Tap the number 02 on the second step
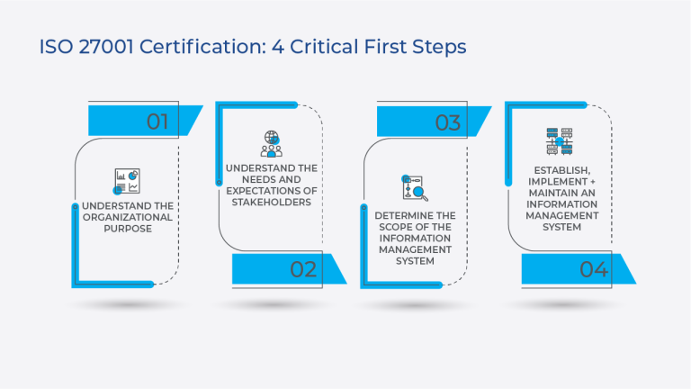tap(303, 268)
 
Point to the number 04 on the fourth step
tap(593, 268)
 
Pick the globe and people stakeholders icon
tap(271, 144)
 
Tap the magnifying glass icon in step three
tap(416, 187)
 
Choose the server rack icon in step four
tap(559, 141)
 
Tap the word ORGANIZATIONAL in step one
tap(127, 217)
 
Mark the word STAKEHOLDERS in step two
tap(271, 203)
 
